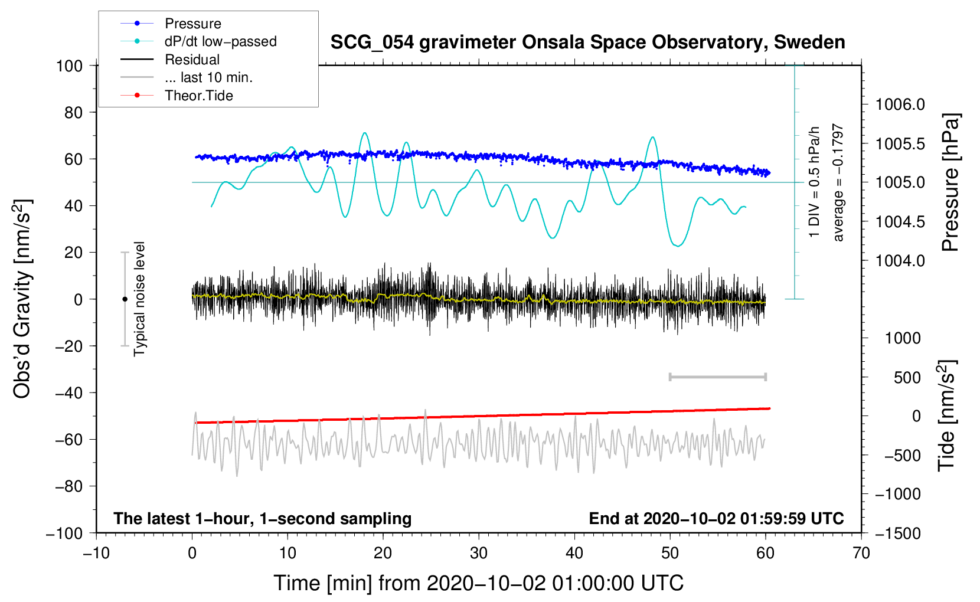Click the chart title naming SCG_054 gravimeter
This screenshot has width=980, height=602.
[x=587, y=42]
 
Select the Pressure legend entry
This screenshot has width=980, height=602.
[x=192, y=24]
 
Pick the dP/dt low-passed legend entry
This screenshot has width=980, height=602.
[x=220, y=41]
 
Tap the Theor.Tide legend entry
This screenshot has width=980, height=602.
[x=198, y=96]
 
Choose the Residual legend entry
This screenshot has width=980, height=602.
[x=192, y=60]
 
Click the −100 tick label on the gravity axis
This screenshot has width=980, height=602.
[x=64, y=533]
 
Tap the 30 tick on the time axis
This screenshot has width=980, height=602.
[x=479, y=553]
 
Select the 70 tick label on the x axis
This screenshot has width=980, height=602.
[x=861, y=553]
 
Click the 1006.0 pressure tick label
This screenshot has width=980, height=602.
[x=900, y=104]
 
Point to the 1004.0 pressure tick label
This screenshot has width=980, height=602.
[x=900, y=260]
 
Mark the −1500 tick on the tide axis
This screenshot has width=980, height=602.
[x=897, y=533]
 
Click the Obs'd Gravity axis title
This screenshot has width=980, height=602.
[x=22, y=299]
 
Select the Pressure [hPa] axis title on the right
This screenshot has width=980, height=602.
[x=950, y=182]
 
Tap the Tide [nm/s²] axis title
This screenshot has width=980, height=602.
[x=947, y=415]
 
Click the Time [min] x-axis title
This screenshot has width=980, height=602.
[x=479, y=583]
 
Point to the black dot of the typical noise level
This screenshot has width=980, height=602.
[x=125, y=299]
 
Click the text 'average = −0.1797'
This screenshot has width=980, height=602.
[x=838, y=182]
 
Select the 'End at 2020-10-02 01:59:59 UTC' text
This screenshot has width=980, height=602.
[x=716, y=519]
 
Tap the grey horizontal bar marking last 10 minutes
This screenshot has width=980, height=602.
[x=717, y=377]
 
